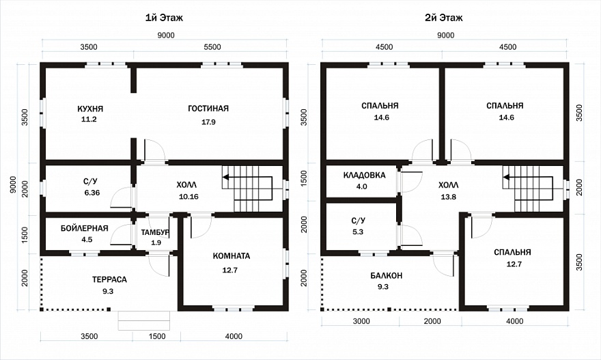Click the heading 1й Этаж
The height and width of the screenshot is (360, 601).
point(164,18)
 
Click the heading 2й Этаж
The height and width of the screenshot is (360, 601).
point(443,18)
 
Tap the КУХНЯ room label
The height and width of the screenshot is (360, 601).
point(90,109)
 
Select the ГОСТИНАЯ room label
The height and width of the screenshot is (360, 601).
point(208,109)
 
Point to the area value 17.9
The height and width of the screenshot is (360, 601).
point(208,122)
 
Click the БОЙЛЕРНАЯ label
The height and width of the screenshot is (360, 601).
point(84,228)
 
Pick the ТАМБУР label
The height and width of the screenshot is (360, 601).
point(155,232)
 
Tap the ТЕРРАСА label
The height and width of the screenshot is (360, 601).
point(109,279)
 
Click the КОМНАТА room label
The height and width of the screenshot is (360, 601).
point(232,256)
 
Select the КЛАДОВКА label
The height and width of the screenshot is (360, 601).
point(364,176)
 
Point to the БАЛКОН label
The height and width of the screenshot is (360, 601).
point(387,276)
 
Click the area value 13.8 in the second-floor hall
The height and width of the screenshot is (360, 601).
point(448,197)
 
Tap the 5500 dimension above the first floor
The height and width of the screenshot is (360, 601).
point(212,47)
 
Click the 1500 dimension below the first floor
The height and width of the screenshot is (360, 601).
point(157,336)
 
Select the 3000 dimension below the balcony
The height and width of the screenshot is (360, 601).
point(361,321)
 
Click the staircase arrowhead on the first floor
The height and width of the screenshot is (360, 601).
point(225,177)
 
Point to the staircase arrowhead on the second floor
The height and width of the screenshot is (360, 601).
point(506,177)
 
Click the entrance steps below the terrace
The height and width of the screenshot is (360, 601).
point(144,320)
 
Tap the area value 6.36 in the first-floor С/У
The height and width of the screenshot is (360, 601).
point(92,193)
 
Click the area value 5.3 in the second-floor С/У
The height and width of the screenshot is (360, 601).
point(358,232)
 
